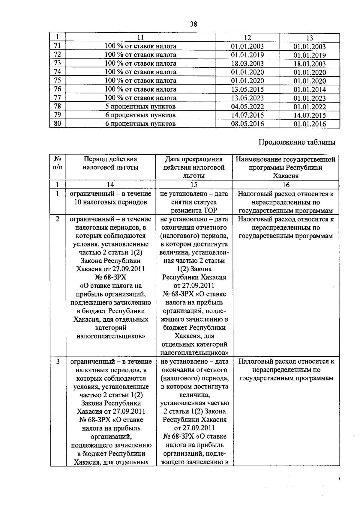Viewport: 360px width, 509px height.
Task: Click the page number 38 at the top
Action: coord(193,24)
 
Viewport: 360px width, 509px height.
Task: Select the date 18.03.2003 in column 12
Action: coord(247,64)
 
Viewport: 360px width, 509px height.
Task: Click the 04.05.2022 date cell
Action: coord(247,107)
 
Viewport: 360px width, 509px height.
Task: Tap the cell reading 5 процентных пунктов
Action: coord(140,107)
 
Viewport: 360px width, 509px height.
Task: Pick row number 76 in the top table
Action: coord(57,89)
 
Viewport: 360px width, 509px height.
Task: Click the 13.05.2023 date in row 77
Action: coord(247,98)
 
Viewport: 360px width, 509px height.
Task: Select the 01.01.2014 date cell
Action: coord(309,90)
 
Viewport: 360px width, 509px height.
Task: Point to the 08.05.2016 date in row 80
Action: coord(247,124)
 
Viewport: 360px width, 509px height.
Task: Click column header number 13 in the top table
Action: coord(309,38)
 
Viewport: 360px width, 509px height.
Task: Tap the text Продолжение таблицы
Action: coord(297,142)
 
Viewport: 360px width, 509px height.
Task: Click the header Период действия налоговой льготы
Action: coord(110,163)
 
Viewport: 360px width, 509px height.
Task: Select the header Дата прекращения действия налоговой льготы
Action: coord(194,167)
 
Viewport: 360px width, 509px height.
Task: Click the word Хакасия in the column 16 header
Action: coord(285,176)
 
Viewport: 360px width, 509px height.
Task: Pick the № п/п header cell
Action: coord(57,163)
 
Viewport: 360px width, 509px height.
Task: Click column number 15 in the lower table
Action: coord(194,185)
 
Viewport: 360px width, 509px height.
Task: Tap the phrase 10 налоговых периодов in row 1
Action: coord(110,202)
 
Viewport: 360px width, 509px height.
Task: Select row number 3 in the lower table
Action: coord(58,362)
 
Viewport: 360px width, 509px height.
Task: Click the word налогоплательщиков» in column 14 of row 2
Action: coord(110,336)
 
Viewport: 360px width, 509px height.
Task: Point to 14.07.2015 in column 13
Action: coord(309,115)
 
